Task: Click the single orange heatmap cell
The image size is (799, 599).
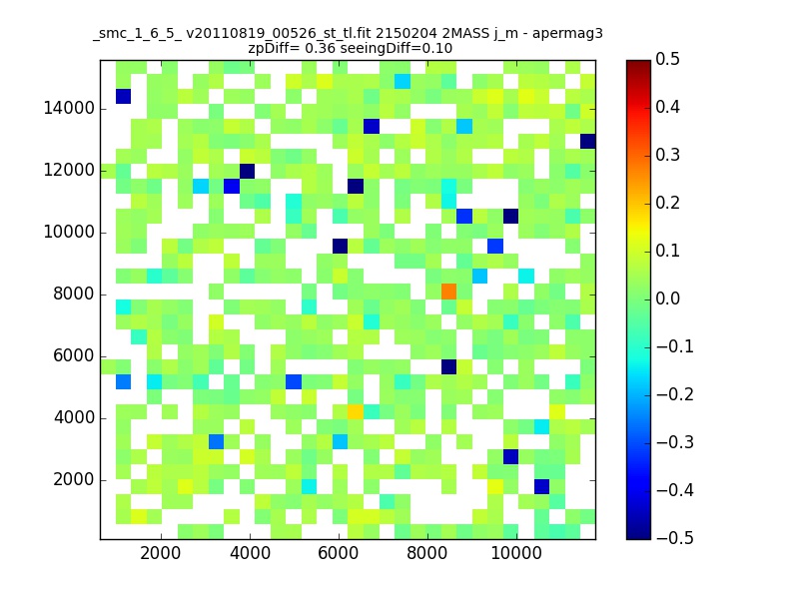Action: pos(448,292)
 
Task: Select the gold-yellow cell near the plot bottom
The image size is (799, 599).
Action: pos(356,411)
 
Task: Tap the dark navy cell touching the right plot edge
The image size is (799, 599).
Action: pos(588,141)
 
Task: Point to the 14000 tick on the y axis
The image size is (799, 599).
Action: pos(69,108)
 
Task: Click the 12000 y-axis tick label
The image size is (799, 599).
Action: pos(69,170)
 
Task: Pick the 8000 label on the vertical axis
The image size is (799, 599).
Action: pos(73,294)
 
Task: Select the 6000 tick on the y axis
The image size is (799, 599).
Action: pos(73,355)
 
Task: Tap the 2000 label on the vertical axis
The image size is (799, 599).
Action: pos(73,479)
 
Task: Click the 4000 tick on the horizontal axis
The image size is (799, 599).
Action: pos(250,553)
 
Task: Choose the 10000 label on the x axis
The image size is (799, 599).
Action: pos(516,553)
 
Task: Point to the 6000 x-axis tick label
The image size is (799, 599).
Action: pos(339,553)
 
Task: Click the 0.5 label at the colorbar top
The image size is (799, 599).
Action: pos(667,59)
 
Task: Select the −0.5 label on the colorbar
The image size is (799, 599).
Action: pos(675,538)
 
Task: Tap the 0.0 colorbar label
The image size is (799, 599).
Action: pos(667,299)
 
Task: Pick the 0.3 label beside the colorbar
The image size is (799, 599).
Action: pos(667,155)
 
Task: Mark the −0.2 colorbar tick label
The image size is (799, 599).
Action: pos(675,394)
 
